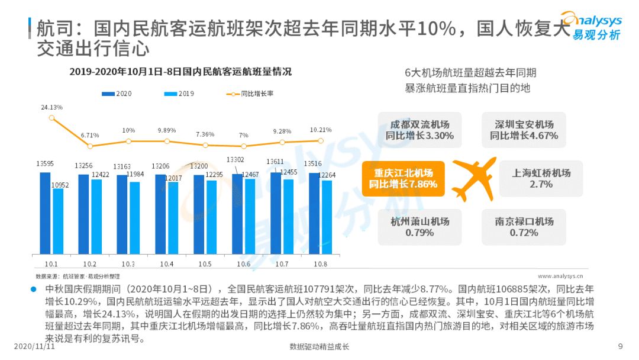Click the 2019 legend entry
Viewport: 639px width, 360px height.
point(178,94)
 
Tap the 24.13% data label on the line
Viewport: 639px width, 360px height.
point(52,107)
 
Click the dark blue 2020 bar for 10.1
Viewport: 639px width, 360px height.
point(45,213)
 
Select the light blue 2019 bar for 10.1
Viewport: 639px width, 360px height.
point(57,221)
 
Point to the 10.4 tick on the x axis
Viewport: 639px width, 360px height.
point(167,263)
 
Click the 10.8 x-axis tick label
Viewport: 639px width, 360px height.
point(320,263)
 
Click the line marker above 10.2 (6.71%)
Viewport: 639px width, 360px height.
point(90,146)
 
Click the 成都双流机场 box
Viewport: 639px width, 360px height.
point(419,130)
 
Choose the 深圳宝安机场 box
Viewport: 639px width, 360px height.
point(524,130)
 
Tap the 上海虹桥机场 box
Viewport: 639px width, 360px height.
point(541,179)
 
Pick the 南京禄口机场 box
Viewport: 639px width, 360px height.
point(524,227)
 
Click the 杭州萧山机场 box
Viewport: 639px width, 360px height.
point(419,227)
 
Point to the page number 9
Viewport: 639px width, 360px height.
point(620,346)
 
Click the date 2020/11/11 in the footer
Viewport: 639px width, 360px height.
point(34,346)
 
